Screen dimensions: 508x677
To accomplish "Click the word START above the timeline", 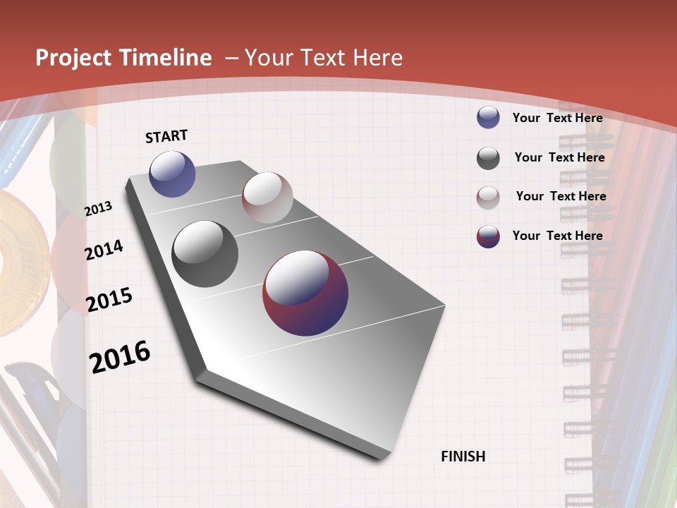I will tap(166, 136).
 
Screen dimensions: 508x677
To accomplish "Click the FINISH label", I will tap(463, 456).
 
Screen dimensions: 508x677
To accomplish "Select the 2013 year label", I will tap(98, 209).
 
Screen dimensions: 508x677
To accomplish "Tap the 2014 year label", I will tap(104, 250).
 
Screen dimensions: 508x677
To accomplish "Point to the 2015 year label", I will tap(109, 300).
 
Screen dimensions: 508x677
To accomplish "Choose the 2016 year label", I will tap(120, 357).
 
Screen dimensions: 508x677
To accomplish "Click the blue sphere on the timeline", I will tap(172, 174).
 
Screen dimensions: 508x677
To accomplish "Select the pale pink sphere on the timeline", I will tap(267, 198).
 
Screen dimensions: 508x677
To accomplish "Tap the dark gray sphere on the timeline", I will tap(205, 254).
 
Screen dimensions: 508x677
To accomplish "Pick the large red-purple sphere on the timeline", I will tap(305, 293).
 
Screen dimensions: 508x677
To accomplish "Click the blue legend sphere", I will tap(488, 117).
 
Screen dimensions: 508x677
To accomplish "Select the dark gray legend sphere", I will tap(488, 158).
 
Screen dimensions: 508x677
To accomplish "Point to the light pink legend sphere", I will tap(488, 198).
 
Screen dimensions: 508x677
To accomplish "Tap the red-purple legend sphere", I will tap(488, 236).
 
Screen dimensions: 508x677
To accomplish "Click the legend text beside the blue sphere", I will tap(557, 118).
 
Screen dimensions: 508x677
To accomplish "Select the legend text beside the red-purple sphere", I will tap(557, 236).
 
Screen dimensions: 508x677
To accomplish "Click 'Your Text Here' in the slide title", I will tap(323, 58).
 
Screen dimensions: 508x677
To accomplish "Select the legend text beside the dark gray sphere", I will tap(559, 157).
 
